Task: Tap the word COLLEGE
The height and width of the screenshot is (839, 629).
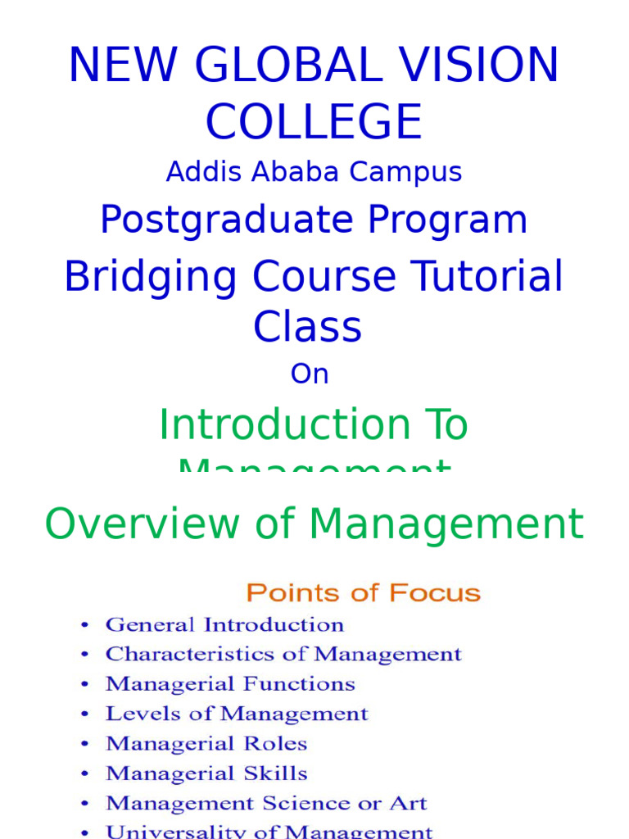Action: point(314,122)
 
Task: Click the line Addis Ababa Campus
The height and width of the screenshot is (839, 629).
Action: point(314,172)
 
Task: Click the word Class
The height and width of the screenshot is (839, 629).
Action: point(307,327)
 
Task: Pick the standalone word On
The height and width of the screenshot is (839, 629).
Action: point(310,374)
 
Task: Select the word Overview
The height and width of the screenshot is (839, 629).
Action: point(146,524)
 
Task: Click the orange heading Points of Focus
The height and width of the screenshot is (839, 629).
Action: point(364,592)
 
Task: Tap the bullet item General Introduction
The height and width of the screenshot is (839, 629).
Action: point(224,625)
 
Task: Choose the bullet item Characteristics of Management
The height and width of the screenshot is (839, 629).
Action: point(283,655)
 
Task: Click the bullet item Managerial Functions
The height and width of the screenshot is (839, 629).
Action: point(230,684)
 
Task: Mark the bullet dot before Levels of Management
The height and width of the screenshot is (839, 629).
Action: point(85,714)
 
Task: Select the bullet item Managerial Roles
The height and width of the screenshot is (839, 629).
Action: point(206,744)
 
